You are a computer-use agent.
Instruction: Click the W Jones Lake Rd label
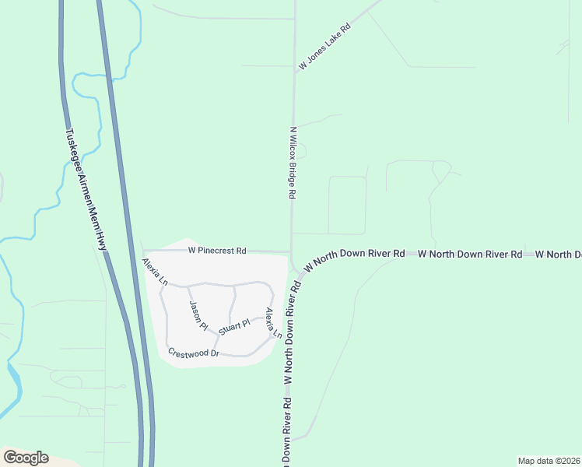tap(324, 47)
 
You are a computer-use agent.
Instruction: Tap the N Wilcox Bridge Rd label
tap(293, 163)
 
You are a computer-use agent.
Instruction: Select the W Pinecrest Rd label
tap(217, 251)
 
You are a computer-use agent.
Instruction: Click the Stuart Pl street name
tap(233, 325)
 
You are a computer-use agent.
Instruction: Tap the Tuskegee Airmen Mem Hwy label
tap(87, 189)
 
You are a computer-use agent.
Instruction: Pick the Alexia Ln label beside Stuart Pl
tap(272, 322)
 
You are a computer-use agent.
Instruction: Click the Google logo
tap(26, 458)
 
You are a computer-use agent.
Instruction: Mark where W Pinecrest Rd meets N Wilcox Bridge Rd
tap(292, 251)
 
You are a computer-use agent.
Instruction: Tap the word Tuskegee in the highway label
tap(74, 150)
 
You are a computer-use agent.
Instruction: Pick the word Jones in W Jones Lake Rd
tap(320, 51)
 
